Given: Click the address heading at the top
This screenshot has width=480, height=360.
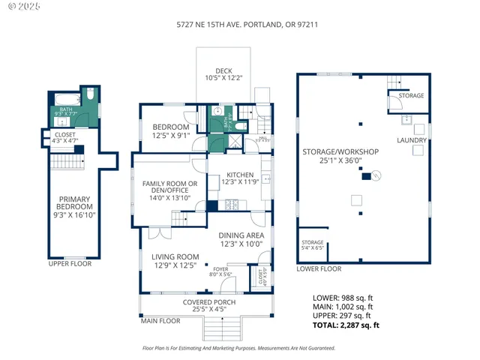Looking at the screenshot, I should (240, 23).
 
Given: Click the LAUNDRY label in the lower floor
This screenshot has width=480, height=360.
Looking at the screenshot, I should (412, 140).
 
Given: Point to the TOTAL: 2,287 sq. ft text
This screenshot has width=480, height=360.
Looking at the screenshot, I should (346, 325).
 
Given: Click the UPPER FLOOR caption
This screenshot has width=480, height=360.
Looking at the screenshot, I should (69, 264).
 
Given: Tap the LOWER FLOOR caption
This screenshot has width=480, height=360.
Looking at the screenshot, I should (319, 268).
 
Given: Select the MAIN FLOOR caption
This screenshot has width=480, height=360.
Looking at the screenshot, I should (160, 321).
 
